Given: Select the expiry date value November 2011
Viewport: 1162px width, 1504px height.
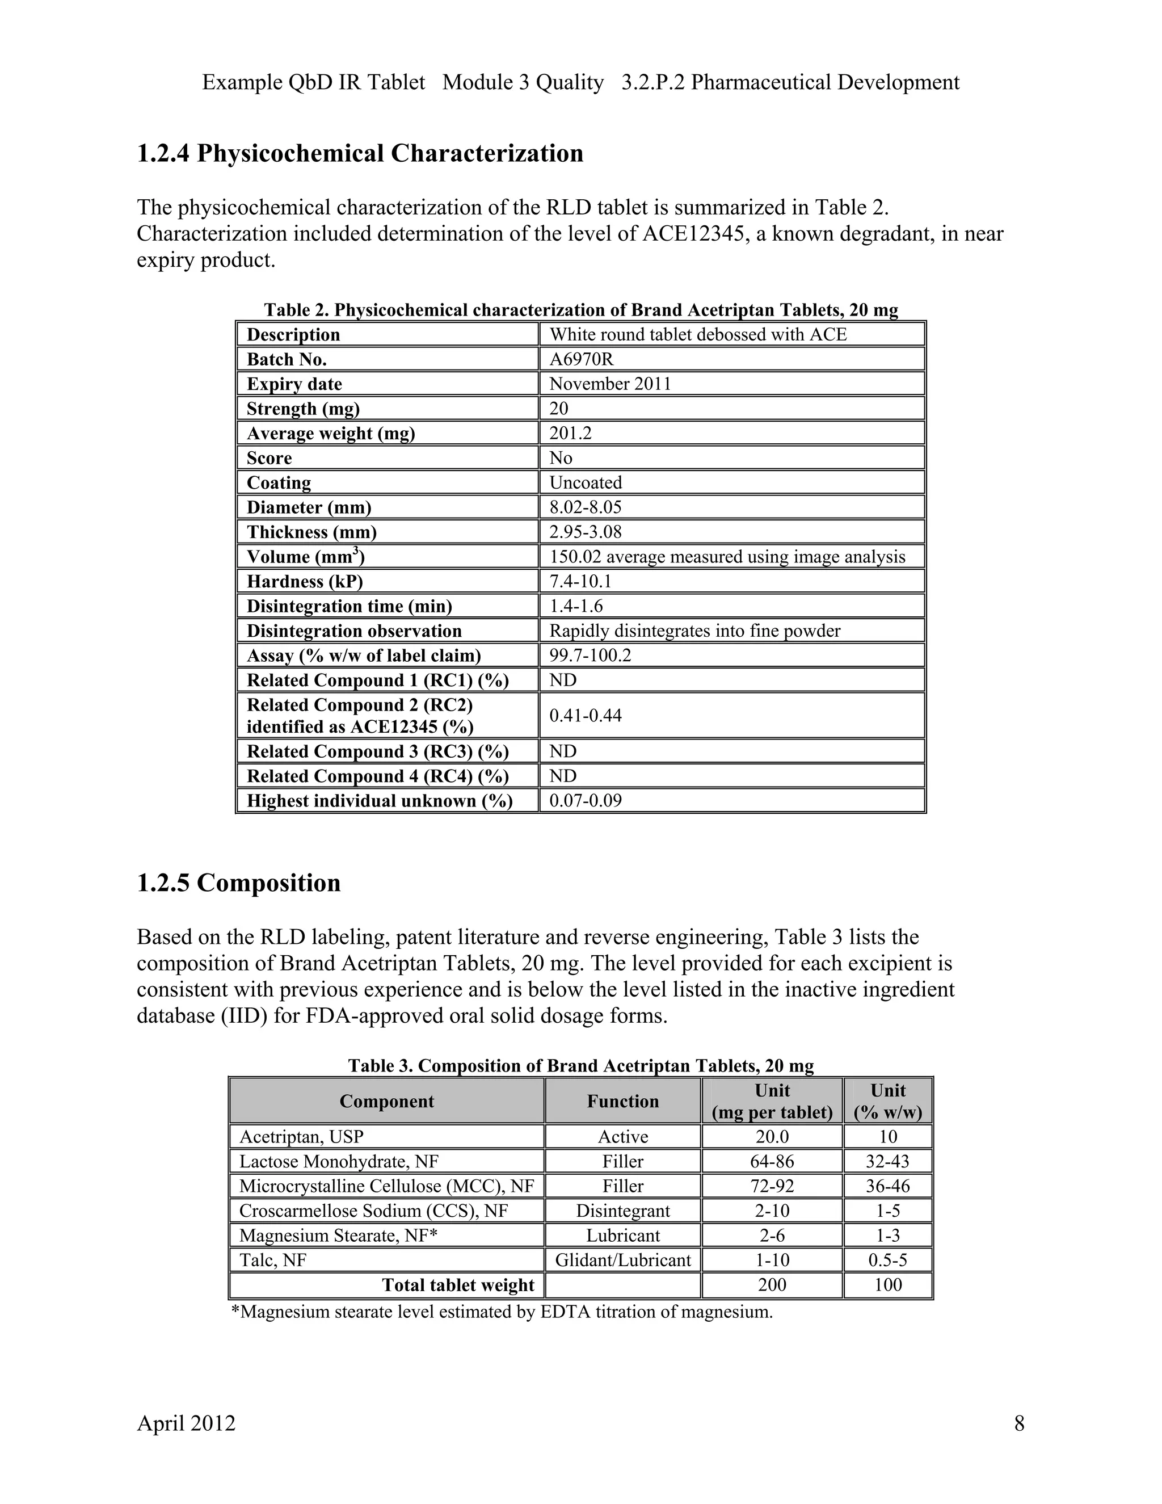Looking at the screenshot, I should [x=610, y=384].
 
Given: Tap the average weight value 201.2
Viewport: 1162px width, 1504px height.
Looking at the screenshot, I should [x=570, y=433].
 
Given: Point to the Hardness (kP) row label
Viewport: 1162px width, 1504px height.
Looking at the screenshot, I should [x=304, y=581].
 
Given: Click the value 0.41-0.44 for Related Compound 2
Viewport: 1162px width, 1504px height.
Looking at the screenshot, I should [x=585, y=716].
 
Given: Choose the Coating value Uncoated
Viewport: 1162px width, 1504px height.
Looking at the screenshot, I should [x=585, y=483].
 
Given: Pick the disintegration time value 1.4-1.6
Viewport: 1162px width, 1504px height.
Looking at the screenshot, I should [x=575, y=606].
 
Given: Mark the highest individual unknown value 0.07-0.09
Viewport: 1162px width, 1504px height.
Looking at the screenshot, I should [x=585, y=800].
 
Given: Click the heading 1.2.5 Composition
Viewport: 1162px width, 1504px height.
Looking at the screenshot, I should [x=238, y=884].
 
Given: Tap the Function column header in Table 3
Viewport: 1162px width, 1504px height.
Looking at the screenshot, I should [x=622, y=1101].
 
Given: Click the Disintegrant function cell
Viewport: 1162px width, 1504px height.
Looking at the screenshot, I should [x=622, y=1211].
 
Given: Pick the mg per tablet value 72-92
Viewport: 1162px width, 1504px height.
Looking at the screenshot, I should [x=772, y=1186].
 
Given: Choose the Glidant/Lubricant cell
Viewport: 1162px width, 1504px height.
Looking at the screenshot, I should [x=622, y=1260].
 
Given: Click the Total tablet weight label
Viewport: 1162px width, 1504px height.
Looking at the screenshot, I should [x=458, y=1285].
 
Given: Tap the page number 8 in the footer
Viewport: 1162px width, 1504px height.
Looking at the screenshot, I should [x=1019, y=1423].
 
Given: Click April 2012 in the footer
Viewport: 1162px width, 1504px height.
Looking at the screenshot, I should [x=186, y=1423].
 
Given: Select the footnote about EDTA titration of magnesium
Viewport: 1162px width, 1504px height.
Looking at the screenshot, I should [x=502, y=1312].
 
